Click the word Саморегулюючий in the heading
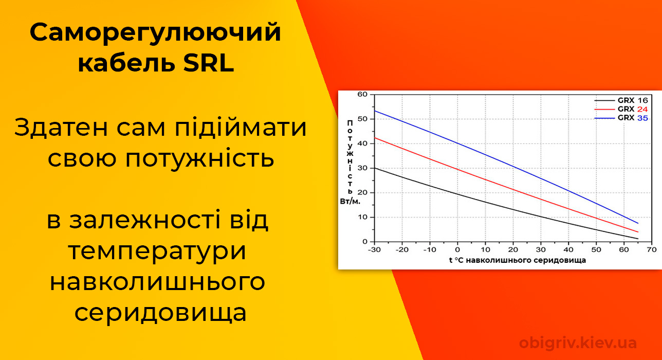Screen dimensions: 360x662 tap(155, 33)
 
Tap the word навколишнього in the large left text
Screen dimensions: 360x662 tap(157, 282)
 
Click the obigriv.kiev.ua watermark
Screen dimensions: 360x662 tap(578, 343)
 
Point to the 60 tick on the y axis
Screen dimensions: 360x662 tap(363, 94)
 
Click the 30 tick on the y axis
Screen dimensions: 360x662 tap(363, 168)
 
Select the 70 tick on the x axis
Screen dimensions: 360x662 tap(652, 250)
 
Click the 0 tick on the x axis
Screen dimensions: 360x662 tap(457, 250)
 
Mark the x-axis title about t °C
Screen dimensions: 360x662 tap(517, 260)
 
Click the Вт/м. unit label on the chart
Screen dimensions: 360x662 tap(350, 201)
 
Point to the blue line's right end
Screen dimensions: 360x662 tap(638, 223)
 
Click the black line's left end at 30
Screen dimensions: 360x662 tap(375, 168)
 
